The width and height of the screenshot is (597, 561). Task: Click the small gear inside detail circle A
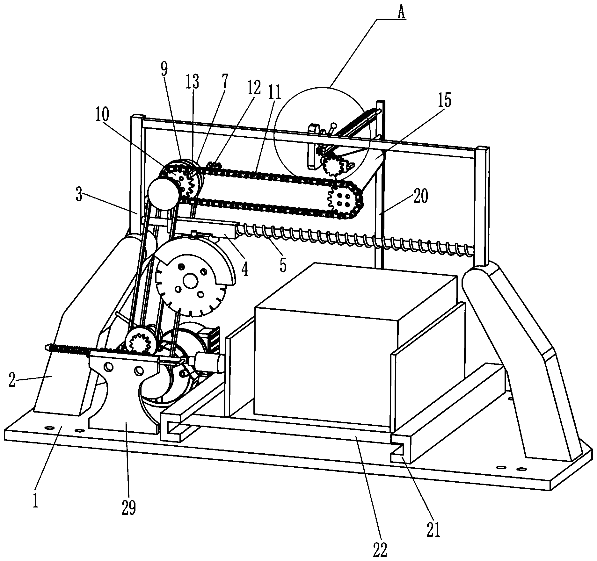[x=333, y=165]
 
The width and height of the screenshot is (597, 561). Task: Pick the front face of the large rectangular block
[x=325, y=366]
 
